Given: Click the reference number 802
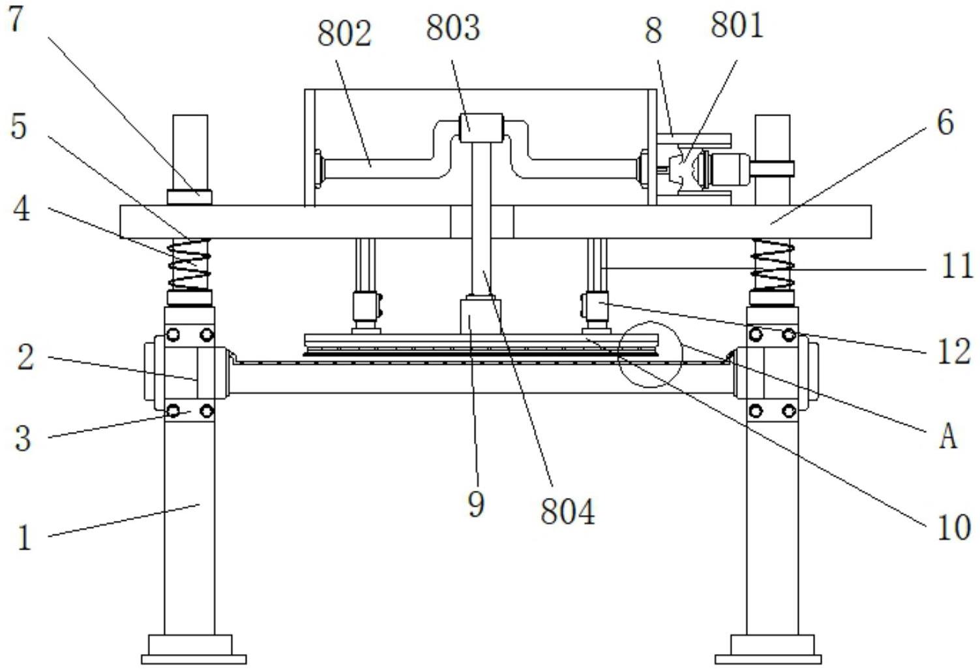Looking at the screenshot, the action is (x=344, y=34).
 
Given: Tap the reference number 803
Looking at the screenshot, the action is (x=453, y=28).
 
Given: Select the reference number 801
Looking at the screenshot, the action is (x=737, y=25).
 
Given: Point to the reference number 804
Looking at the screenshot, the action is (x=568, y=512).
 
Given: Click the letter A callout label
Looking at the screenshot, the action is (x=948, y=437).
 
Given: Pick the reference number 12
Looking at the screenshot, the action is (x=954, y=352).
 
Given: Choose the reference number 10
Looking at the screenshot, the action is (x=954, y=527).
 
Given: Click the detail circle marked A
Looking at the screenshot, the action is (x=650, y=354).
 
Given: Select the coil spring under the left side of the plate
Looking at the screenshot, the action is (x=190, y=265).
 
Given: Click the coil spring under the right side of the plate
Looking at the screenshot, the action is (x=773, y=265).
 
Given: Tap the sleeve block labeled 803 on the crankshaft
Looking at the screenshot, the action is (x=481, y=128).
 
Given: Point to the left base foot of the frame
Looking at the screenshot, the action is (x=194, y=649).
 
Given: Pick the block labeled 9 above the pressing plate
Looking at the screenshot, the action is (x=481, y=315).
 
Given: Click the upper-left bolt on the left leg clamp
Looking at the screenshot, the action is (x=173, y=335).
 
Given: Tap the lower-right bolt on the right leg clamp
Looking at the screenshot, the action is (x=789, y=411).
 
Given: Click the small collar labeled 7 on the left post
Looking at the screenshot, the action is (x=190, y=197).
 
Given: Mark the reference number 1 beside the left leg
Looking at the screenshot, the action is (x=24, y=538).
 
